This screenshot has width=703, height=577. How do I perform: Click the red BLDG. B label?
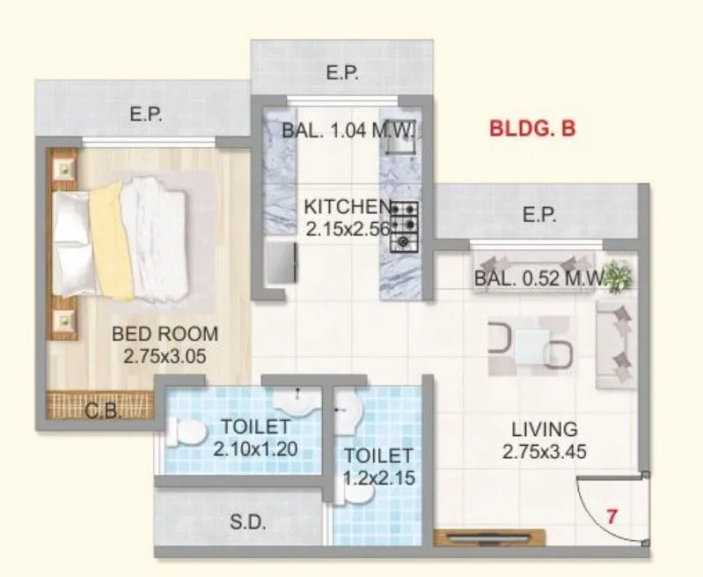532,129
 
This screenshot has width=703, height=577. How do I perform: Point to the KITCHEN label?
347,207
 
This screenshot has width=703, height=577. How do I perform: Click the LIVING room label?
545,430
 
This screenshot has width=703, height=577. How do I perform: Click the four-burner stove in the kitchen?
404,224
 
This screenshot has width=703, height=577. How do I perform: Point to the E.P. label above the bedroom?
144,115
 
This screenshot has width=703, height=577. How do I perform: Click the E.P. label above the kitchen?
342,74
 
